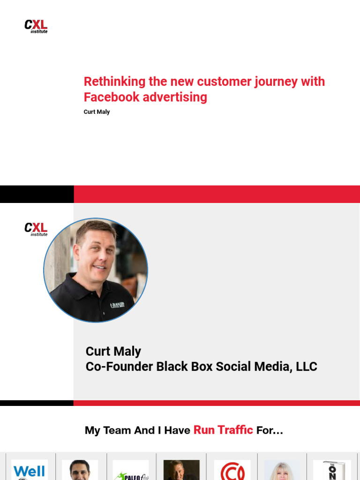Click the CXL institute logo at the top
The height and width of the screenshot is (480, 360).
[36, 26]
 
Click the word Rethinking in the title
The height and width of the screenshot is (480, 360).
[114, 82]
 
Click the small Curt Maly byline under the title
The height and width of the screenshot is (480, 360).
[97, 112]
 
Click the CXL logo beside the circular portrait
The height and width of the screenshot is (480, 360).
[36, 229]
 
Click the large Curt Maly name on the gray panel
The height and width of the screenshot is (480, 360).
[113, 351]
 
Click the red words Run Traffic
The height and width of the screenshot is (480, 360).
[223, 430]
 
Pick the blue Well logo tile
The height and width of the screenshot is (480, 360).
[29, 470]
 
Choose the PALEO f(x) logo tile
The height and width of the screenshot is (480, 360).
[131, 471]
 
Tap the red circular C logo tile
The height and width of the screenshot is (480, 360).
[232, 470]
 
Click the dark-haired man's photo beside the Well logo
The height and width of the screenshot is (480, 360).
[80, 470]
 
